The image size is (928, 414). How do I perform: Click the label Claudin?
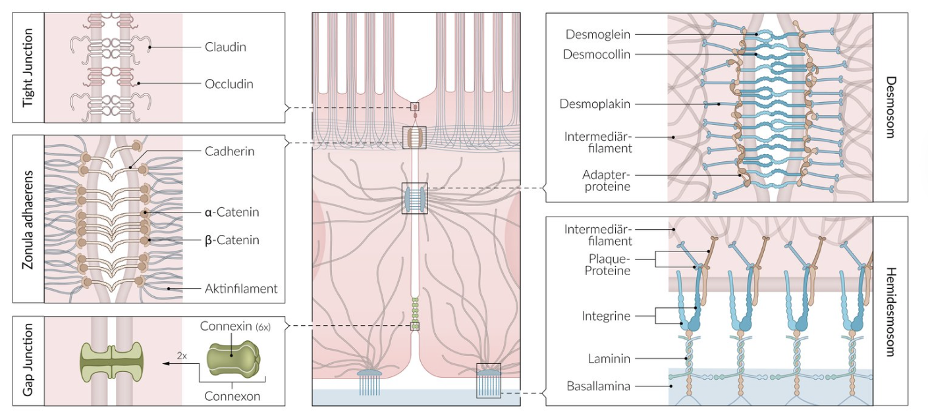point(225,47)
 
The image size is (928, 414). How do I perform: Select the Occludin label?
point(229,84)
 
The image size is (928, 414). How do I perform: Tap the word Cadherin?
point(229,151)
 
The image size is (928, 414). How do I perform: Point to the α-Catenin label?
point(231,212)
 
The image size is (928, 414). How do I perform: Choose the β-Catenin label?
point(231,240)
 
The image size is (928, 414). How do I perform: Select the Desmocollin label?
point(597,55)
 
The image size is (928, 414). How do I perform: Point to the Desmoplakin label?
point(595,104)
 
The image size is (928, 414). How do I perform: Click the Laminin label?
point(609,359)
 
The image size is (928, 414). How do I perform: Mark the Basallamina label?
point(598,386)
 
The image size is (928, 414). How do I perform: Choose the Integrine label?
point(605,316)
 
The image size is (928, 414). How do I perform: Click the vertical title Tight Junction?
point(28,68)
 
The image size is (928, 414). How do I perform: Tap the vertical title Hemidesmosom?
point(890,311)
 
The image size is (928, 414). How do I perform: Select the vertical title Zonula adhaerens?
point(28,219)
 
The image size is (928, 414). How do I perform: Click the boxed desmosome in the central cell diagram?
point(414,199)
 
